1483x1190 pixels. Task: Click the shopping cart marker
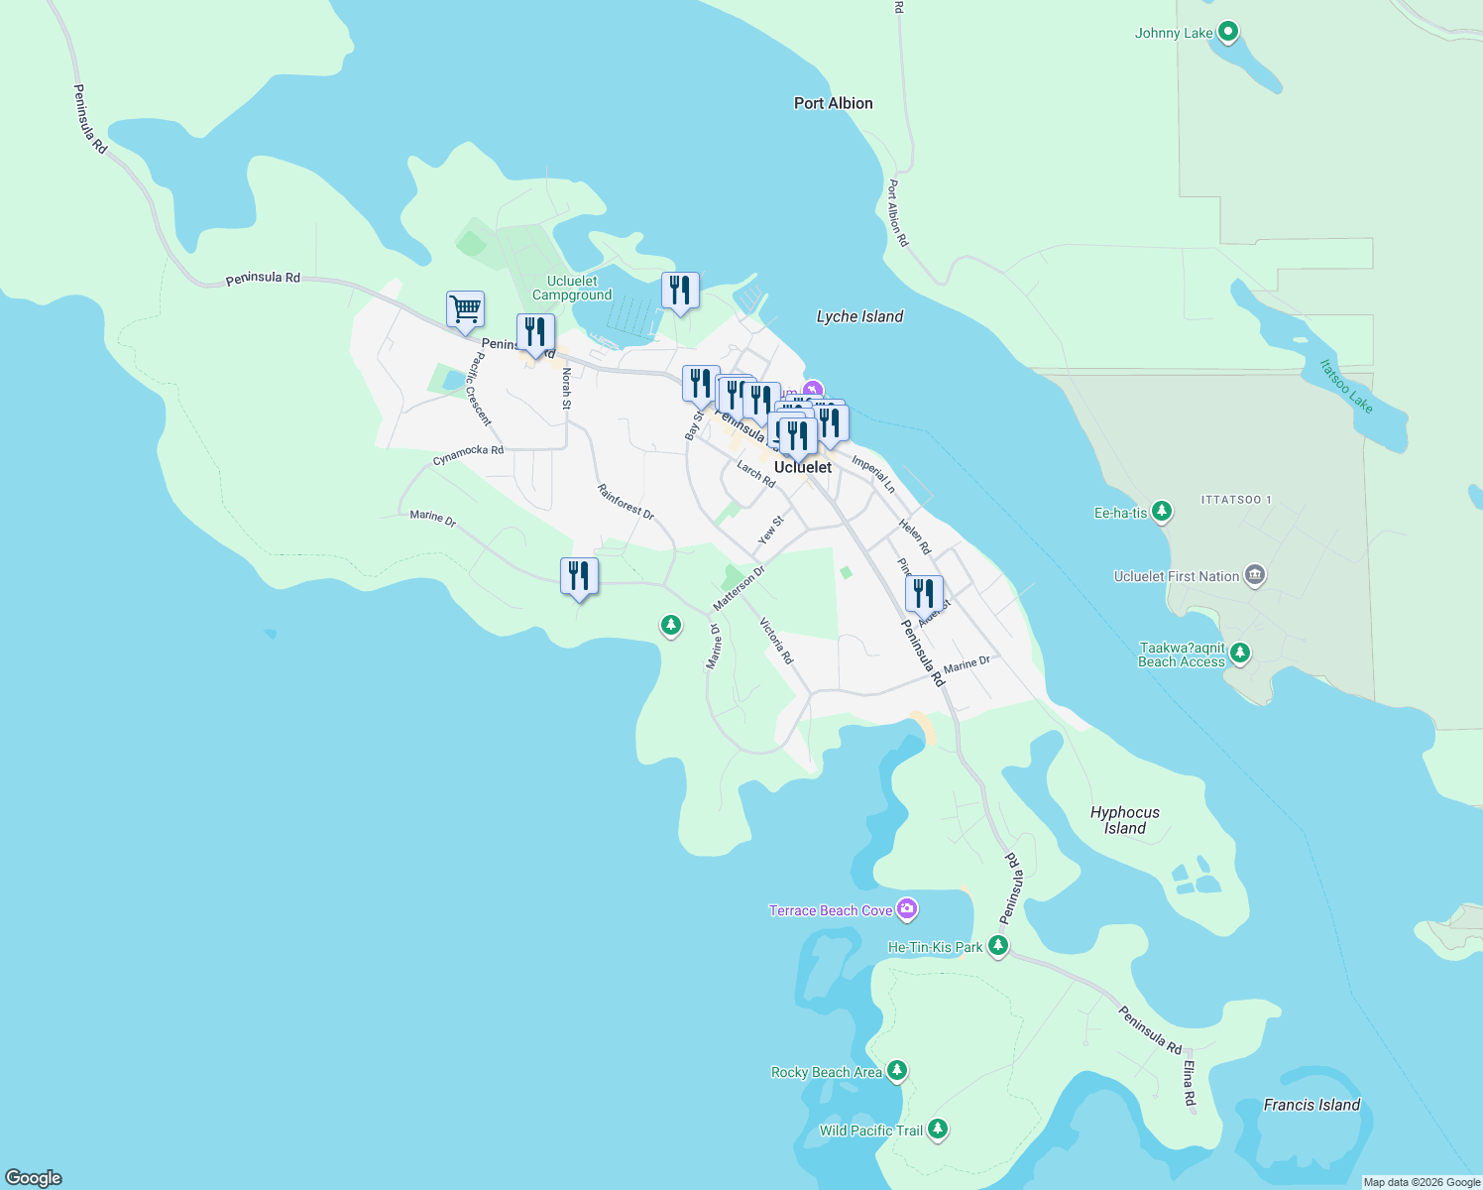tap(465, 310)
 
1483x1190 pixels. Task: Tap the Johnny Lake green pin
tap(1228, 33)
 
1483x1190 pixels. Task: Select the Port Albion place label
tap(833, 103)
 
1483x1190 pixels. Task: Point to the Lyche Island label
tap(859, 316)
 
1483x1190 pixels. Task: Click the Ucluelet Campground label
tap(572, 288)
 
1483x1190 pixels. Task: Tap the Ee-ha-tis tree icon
tap(1162, 513)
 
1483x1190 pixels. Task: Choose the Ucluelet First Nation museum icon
tap(1255, 576)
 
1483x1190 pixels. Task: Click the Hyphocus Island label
tap(1124, 820)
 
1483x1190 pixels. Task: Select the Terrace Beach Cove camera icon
tap(906, 909)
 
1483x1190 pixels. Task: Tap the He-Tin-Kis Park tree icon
tap(998, 946)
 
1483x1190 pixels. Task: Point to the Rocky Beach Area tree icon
tap(897, 1071)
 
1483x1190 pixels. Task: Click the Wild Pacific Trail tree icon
tap(938, 1130)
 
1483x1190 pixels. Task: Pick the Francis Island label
tap(1312, 1105)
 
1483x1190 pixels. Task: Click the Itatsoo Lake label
tap(1345, 386)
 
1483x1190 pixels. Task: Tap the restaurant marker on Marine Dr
tap(579, 576)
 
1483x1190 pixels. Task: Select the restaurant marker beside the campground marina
tap(680, 291)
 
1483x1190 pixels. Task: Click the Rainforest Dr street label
tap(626, 502)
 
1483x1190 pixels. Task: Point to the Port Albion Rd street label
tap(896, 212)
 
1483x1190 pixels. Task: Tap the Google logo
tap(34, 1177)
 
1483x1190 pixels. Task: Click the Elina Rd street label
tap(1189, 1084)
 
